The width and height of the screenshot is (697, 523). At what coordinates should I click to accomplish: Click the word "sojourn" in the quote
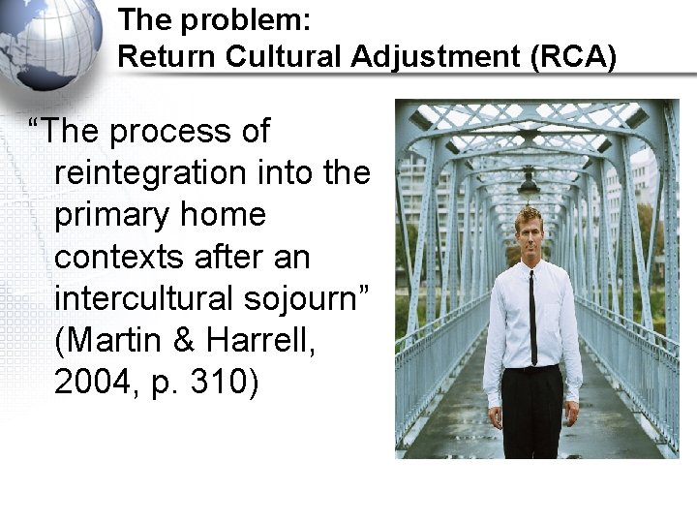[311, 298]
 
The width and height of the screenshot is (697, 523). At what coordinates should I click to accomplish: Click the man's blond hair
[530, 215]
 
